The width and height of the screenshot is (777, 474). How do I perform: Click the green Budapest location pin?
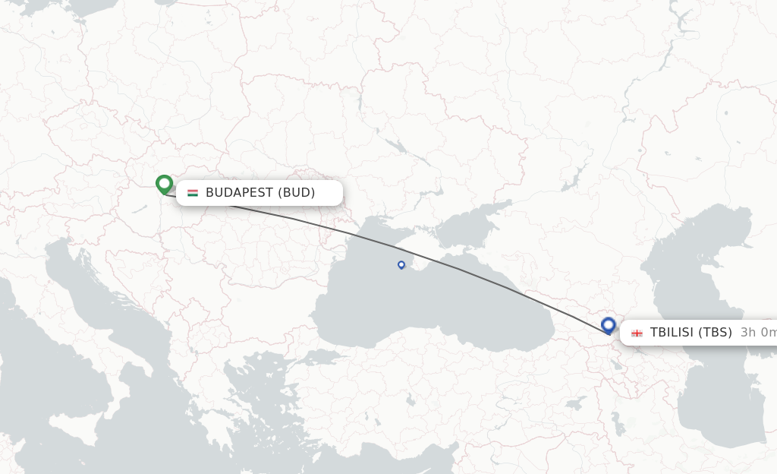164,184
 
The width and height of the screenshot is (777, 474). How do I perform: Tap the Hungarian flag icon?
193,193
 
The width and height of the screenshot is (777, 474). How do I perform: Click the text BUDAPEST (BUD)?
260,193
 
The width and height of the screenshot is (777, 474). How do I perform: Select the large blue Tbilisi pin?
608,325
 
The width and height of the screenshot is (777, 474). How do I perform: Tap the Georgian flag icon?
637,333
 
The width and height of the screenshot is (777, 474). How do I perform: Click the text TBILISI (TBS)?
690,333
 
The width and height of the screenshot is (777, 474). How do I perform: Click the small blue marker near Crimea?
401,264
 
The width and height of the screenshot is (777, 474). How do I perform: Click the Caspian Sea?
706,319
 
